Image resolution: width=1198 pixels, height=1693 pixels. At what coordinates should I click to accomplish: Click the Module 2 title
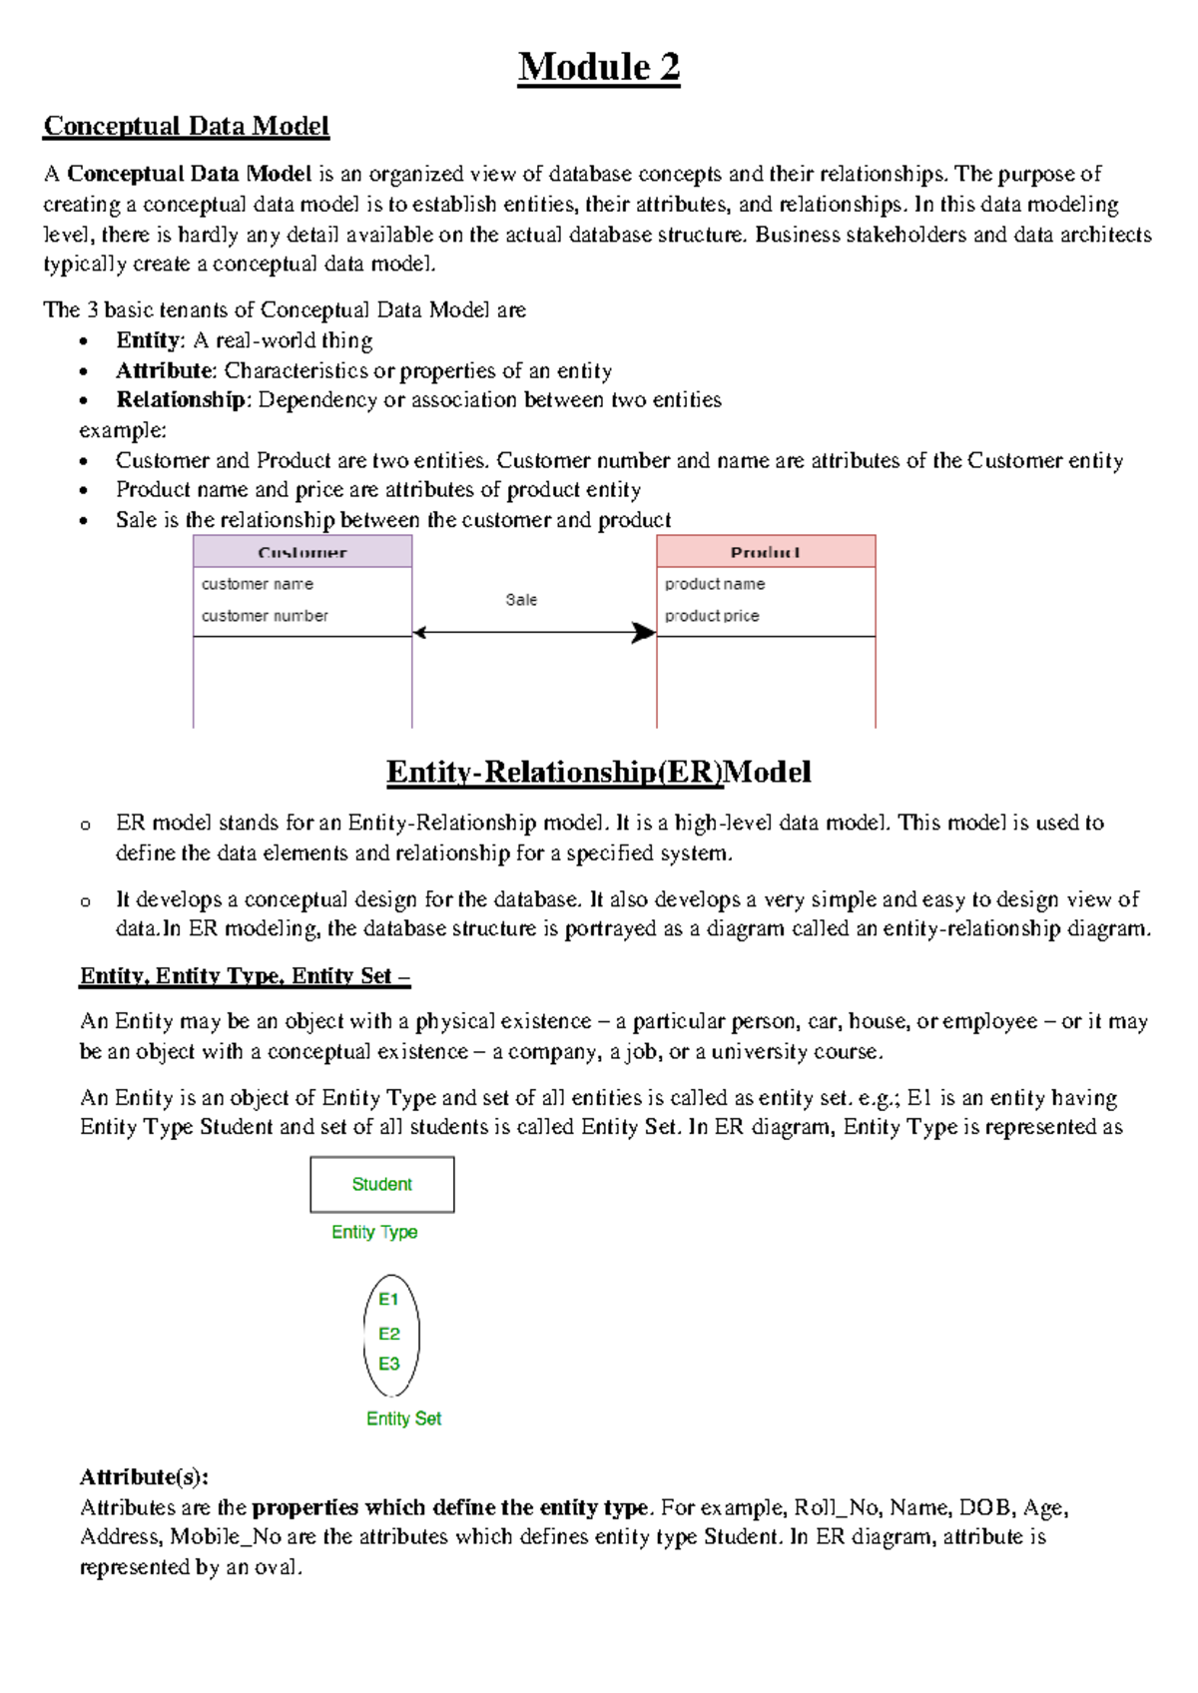tap(599, 68)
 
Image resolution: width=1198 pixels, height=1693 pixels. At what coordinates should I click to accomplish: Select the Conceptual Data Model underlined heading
tap(186, 126)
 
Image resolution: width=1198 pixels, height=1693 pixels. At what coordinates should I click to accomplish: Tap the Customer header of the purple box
tap(302, 552)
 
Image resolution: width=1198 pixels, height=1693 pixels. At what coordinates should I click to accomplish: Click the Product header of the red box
tap(766, 552)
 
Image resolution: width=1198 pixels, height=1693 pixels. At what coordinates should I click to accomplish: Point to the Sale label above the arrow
tap(521, 600)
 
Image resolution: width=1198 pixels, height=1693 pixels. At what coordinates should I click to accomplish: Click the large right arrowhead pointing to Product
tap(644, 633)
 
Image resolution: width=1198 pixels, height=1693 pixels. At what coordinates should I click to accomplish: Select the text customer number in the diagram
tap(265, 616)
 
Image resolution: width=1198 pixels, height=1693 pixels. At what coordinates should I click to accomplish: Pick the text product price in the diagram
tap(712, 616)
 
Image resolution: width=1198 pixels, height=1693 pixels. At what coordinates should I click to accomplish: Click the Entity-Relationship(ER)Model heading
tap(599, 772)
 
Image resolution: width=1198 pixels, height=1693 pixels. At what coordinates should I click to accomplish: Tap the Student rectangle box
tap(382, 1185)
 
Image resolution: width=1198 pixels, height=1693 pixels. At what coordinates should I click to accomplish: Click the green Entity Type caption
tap(374, 1233)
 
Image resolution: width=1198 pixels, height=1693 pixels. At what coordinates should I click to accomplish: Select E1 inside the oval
tap(388, 1300)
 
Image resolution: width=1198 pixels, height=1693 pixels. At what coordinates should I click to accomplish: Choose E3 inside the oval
tap(388, 1364)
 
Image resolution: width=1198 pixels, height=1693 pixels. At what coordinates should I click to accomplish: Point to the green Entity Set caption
tap(403, 1418)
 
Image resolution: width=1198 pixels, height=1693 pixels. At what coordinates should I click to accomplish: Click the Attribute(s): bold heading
tap(144, 1477)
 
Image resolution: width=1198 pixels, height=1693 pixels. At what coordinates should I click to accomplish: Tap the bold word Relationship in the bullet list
tap(181, 400)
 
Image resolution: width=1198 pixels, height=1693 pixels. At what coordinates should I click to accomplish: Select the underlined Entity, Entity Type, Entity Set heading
tap(245, 976)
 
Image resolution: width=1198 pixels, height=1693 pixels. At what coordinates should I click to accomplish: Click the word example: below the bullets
tap(123, 430)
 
